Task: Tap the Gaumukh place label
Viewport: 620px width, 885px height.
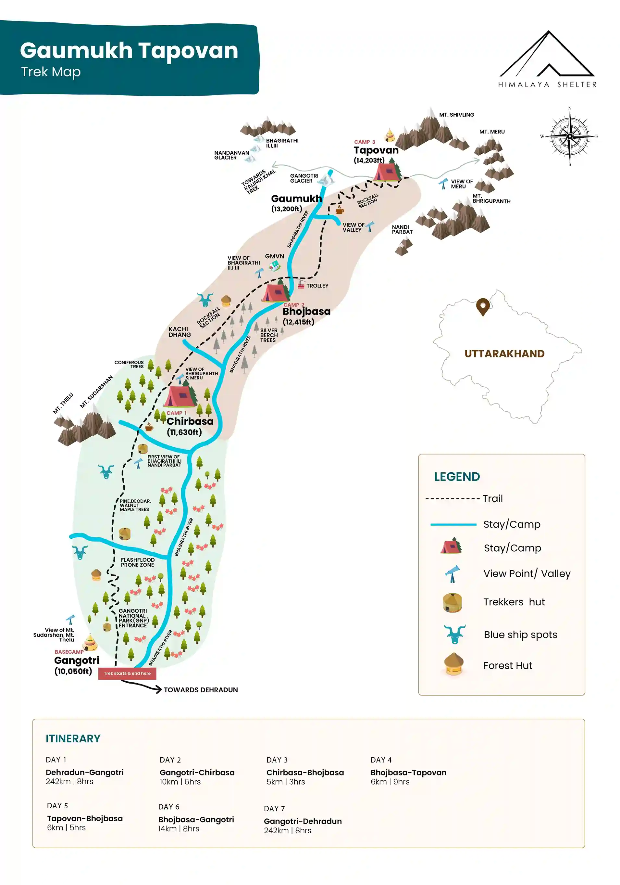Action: click(296, 199)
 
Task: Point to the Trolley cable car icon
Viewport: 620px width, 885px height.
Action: click(301, 286)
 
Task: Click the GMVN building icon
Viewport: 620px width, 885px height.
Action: click(275, 265)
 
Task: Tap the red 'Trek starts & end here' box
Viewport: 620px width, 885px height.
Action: click(127, 673)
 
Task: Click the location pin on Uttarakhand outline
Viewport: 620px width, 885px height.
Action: click(482, 307)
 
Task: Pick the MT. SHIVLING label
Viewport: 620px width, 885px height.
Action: click(456, 115)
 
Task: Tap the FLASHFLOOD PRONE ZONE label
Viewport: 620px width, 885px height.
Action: click(138, 562)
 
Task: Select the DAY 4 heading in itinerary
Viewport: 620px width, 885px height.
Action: click(380, 760)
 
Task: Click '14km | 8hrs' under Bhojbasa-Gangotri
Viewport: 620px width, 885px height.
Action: click(178, 829)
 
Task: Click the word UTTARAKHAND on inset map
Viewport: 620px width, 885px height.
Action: click(504, 353)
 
